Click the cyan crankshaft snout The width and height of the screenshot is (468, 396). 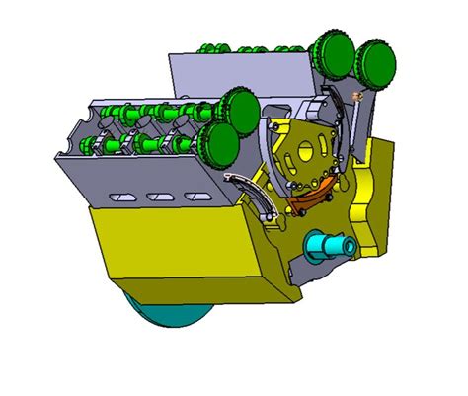pos(330,244)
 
